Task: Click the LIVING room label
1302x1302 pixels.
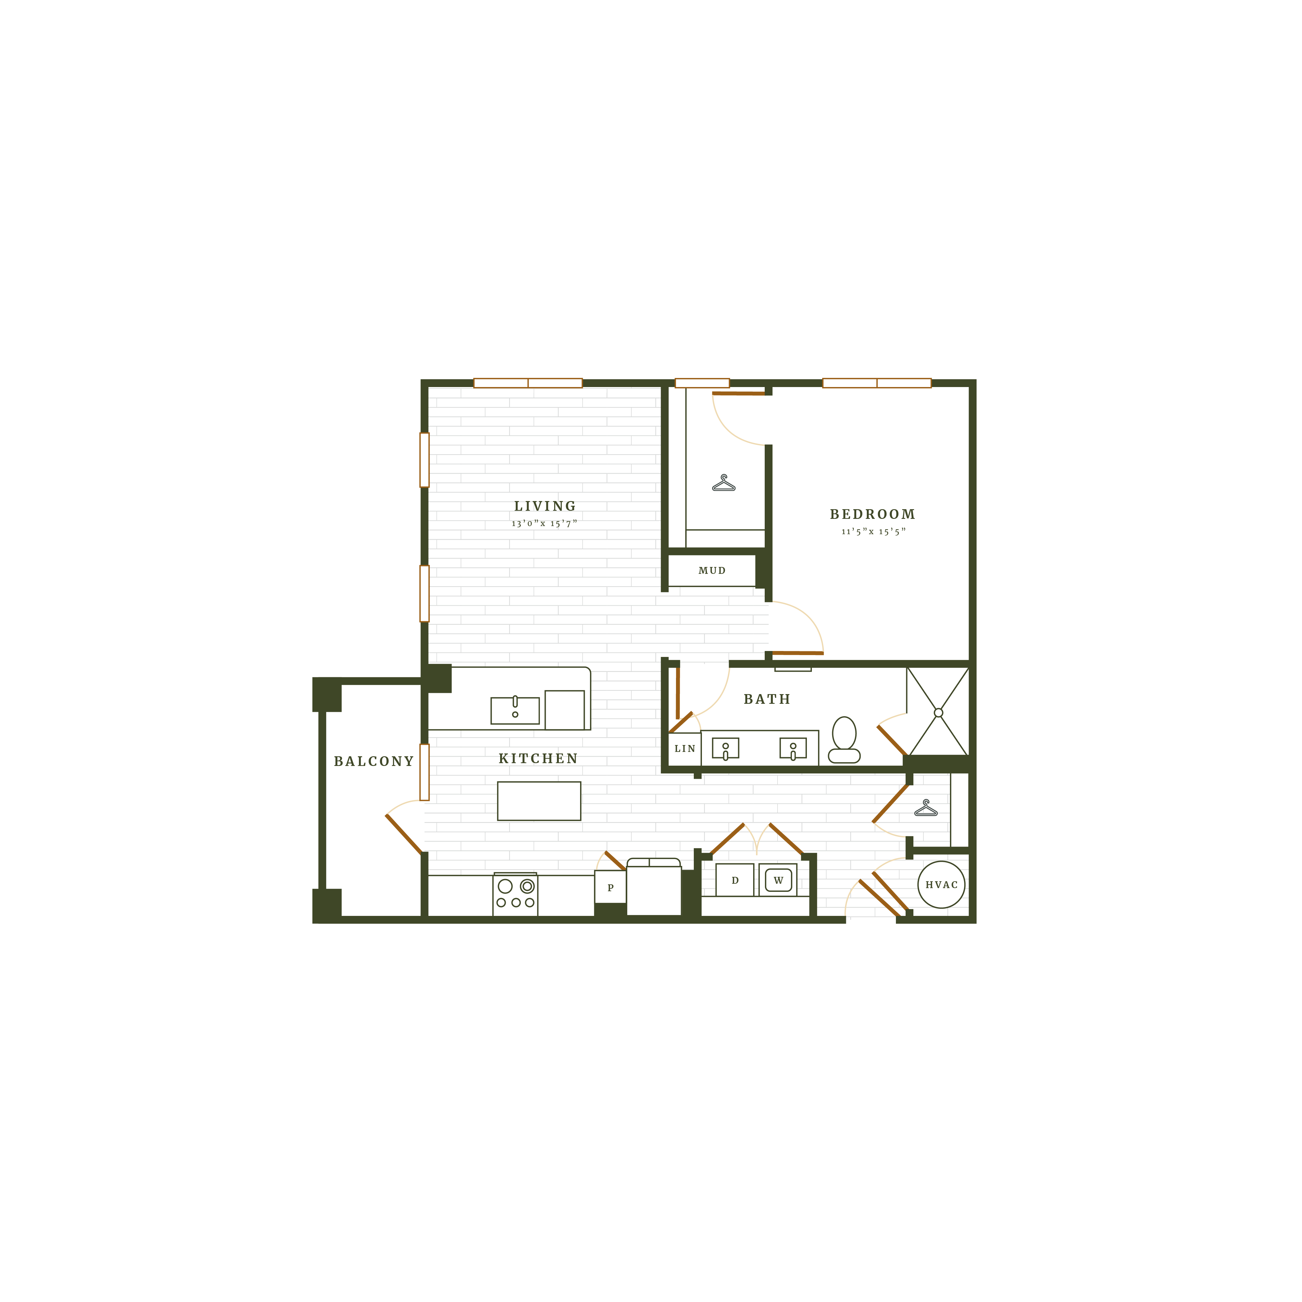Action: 545,506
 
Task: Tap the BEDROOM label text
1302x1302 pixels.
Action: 873,514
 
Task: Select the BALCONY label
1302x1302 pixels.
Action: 374,762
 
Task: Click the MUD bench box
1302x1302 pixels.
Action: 712,570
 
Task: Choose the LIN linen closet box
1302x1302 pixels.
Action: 685,749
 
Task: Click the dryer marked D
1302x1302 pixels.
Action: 735,880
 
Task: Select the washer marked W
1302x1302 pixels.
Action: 778,880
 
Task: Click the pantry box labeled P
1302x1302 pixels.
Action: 611,887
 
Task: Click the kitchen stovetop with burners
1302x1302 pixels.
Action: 515,894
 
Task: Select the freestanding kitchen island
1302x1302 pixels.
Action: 539,801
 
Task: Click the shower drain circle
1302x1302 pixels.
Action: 938,712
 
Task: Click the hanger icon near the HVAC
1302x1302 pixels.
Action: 926,808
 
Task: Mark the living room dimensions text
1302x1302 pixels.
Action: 544,524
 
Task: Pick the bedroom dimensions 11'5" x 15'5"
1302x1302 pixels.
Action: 873,532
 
